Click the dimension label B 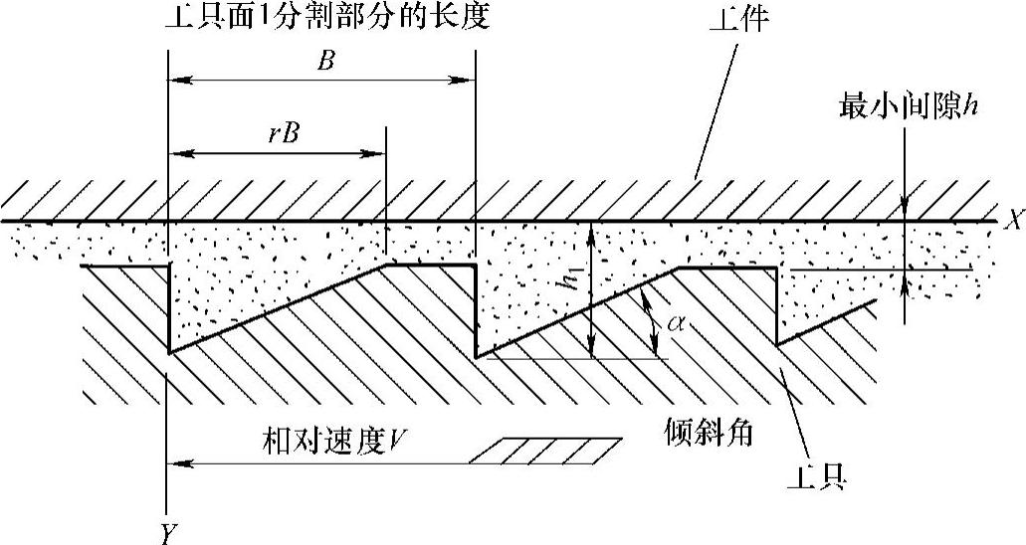tap(324, 60)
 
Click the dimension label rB tap(283, 133)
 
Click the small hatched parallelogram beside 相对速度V tap(545, 451)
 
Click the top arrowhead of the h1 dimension tap(591, 230)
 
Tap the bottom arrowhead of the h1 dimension tap(591, 350)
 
